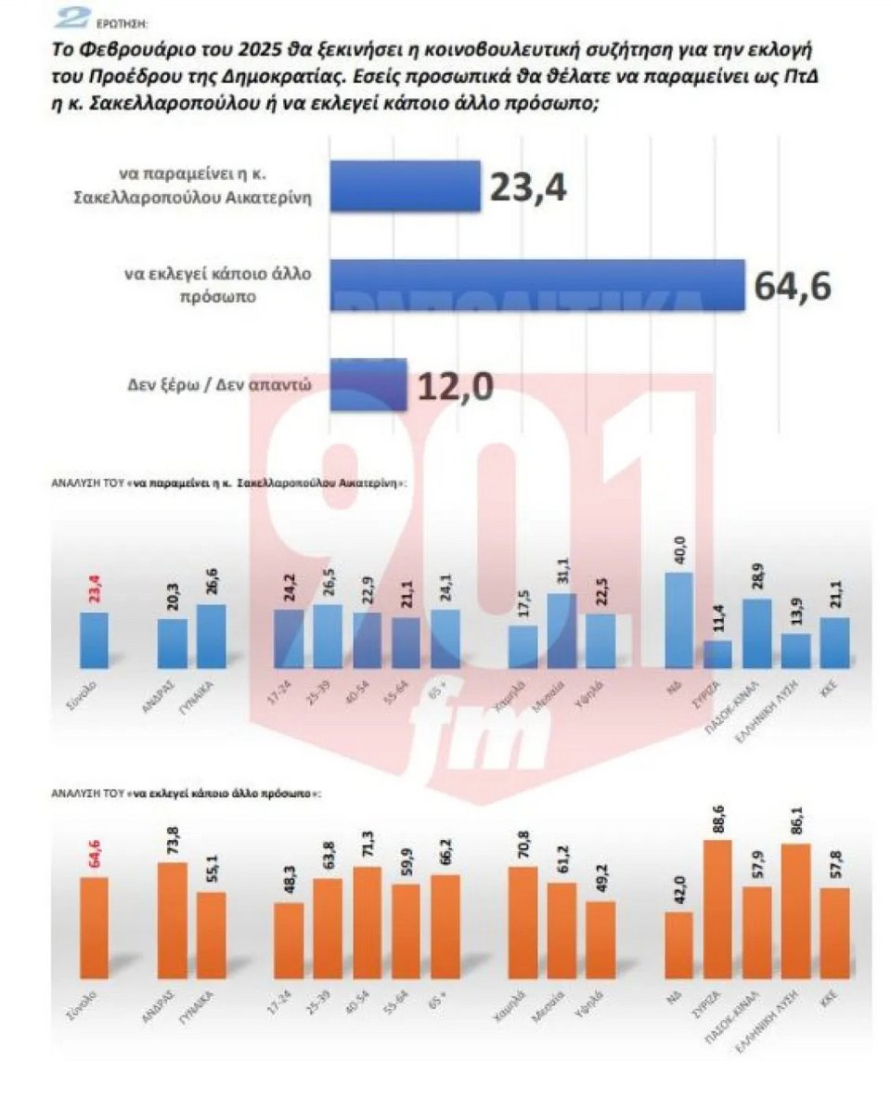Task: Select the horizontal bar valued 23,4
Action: click(x=406, y=187)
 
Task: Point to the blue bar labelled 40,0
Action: click(x=679, y=620)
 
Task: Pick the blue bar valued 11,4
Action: click(x=717, y=654)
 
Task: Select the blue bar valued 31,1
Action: click(x=562, y=630)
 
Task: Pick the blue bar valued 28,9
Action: click(x=757, y=634)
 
